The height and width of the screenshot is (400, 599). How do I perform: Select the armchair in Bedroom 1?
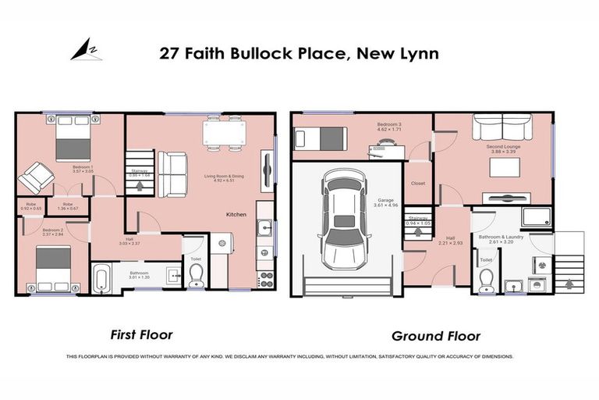[33, 178]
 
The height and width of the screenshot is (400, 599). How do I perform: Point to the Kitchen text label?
[238, 214]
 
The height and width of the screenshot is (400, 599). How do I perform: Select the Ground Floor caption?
[435, 336]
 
